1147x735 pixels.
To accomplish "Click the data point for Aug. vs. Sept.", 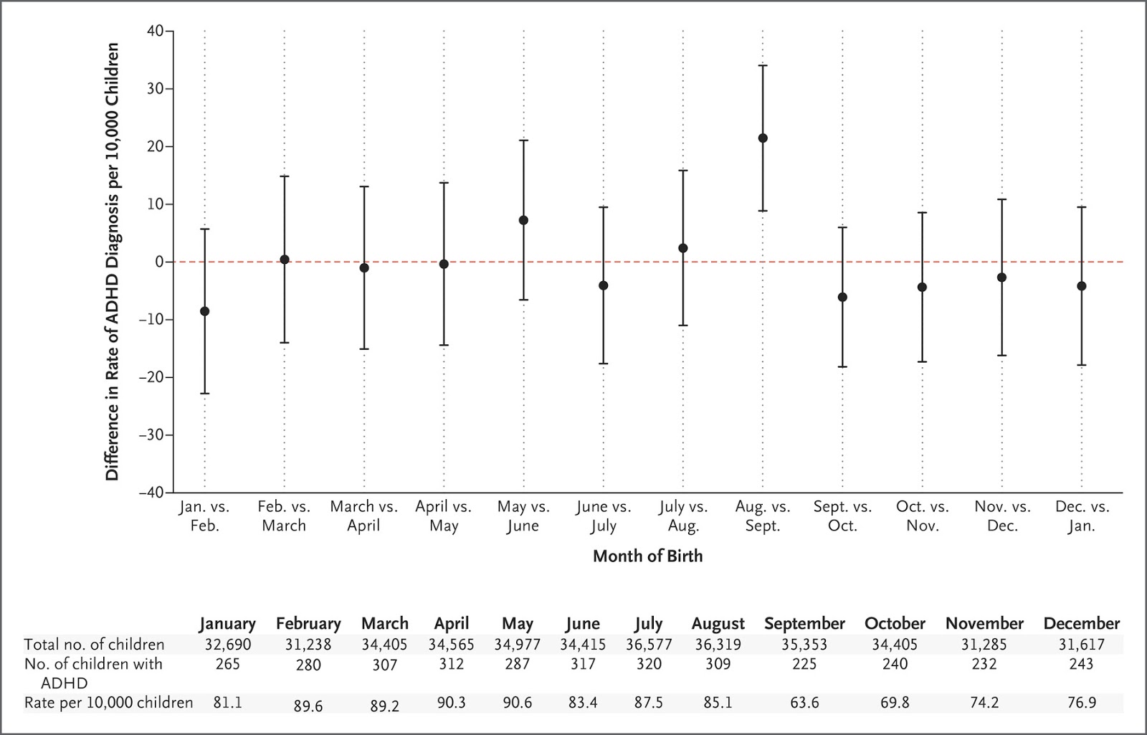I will coord(763,138).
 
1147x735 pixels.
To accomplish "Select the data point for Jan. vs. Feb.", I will coord(204,311).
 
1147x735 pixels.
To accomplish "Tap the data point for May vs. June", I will coord(523,220).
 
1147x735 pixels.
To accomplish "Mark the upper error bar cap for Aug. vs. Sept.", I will coord(763,65).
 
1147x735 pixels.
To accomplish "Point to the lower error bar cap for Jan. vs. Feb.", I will coord(204,394).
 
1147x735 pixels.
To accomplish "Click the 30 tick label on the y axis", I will coord(156,89).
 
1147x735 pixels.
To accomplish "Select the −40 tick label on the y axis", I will coord(151,493).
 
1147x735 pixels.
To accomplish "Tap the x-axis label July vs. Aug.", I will coord(683,516).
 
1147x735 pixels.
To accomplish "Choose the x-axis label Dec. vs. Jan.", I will coord(1082,516).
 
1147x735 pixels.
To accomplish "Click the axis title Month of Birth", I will coord(647,556).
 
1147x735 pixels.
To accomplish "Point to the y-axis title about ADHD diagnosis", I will coord(113,262).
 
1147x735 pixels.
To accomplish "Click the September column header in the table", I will coord(804,624).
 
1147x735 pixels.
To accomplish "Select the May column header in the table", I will coord(517,624).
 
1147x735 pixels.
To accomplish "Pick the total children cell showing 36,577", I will coord(648,645).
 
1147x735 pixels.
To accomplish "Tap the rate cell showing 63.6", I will coord(804,703).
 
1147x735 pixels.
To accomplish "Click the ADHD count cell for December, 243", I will coord(1081,664).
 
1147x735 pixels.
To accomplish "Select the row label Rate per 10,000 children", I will coord(108,703).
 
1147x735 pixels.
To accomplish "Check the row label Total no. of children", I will coord(94,645).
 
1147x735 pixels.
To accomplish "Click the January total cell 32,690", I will coord(227,645).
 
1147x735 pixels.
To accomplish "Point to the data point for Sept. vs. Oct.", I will coord(842,297).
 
